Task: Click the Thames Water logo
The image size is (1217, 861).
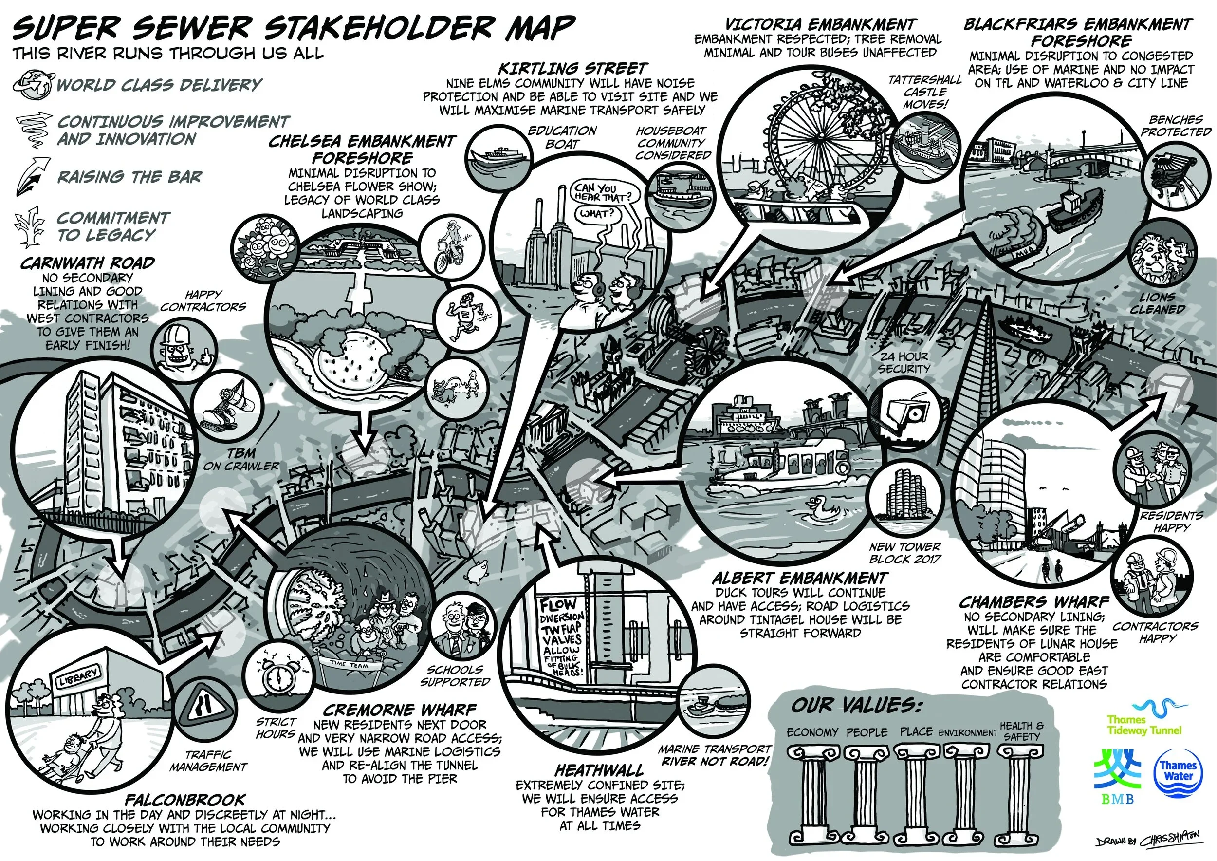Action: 1177,772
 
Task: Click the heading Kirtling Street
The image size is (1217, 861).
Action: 572,68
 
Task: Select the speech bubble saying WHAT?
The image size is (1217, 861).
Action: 597,214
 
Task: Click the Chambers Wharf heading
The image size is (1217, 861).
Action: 1033,602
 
